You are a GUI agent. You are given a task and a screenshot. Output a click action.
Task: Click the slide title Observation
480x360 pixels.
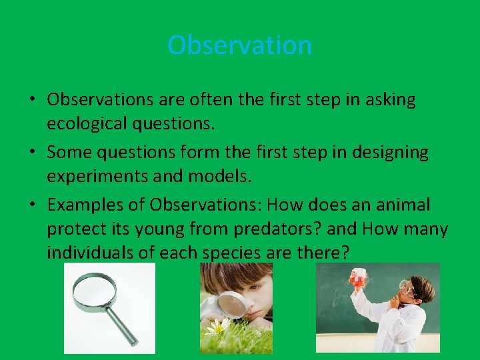(x=239, y=45)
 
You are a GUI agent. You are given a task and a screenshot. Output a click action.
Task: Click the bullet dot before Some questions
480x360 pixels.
(x=33, y=153)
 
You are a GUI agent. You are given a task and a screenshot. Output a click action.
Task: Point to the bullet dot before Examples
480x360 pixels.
(x=33, y=205)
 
